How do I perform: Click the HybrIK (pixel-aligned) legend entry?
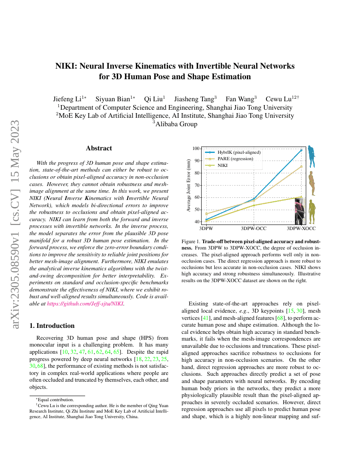click(x=238, y=152)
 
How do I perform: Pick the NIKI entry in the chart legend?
click(x=223, y=165)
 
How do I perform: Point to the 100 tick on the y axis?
click(x=196, y=148)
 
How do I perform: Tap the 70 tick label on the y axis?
click(x=197, y=185)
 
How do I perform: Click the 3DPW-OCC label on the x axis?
click(x=254, y=228)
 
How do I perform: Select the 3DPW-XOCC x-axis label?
click(x=301, y=228)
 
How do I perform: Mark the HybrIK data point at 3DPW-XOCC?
click(x=301, y=150)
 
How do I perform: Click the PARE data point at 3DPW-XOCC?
click(x=301, y=166)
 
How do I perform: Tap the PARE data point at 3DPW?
click(x=206, y=214)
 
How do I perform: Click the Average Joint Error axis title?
click(x=188, y=185)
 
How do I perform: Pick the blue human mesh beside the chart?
click(x=312, y=157)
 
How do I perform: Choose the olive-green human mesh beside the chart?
click(x=312, y=211)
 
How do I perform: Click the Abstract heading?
click(x=99, y=148)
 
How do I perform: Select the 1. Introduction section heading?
click(x=51, y=326)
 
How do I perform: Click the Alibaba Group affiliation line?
click(x=174, y=124)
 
